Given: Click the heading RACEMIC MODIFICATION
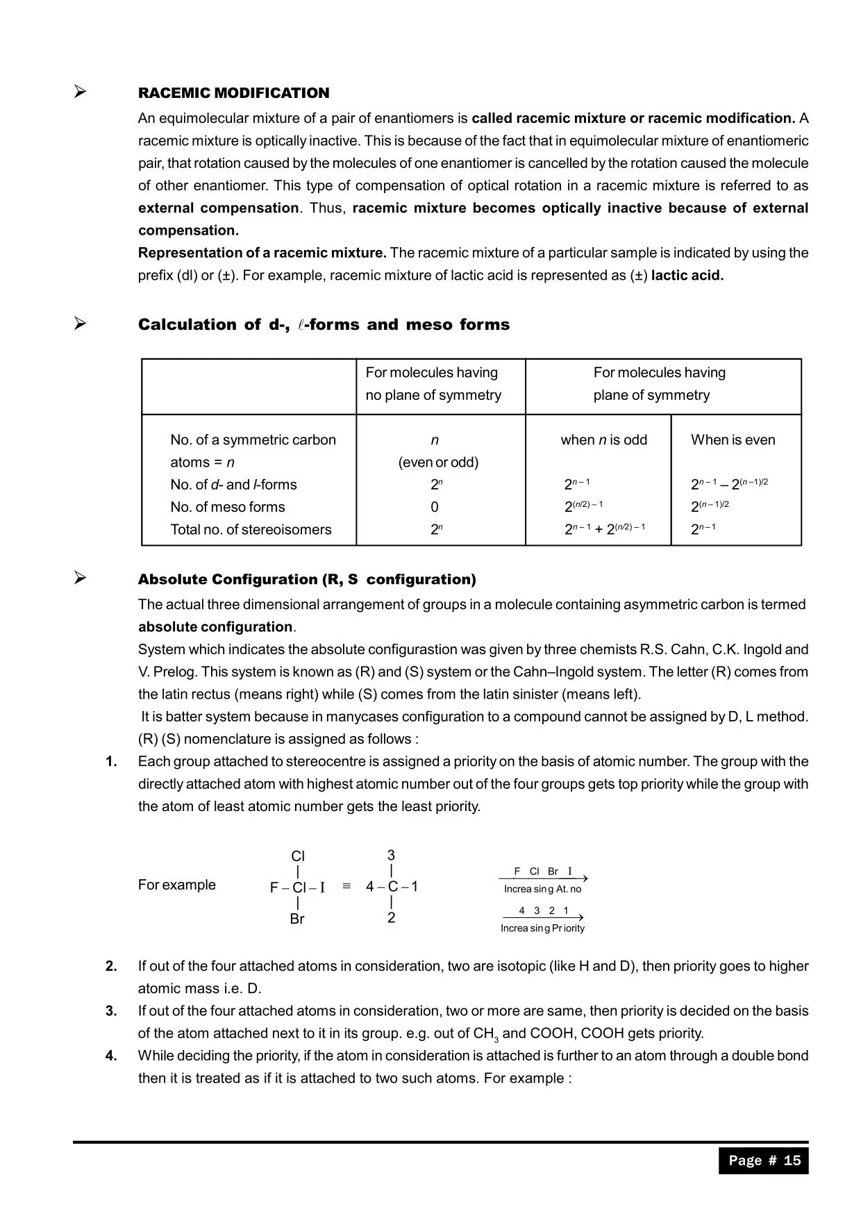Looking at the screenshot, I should tap(233, 93).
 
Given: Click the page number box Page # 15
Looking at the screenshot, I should tap(764, 1160).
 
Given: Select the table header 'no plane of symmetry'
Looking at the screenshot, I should tap(433, 395).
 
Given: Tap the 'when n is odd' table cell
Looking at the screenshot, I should tap(603, 440).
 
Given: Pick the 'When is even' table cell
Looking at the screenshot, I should tap(733, 440).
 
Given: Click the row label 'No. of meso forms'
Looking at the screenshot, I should tap(228, 507).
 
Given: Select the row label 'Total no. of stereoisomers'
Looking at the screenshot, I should tap(251, 529).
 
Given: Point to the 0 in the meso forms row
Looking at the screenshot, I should tap(435, 507).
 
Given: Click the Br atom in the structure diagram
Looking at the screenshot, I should tap(297, 919).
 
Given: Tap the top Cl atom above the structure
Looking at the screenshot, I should tap(298, 856).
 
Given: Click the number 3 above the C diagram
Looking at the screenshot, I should tap(391, 855).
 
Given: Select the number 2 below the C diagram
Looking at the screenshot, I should tap(391, 917).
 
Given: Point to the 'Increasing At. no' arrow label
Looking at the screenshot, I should tap(542, 889).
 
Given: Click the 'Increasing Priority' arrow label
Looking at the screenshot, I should tap(542, 928).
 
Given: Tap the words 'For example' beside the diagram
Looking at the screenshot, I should tap(177, 885).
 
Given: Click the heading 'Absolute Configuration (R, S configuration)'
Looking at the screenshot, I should tap(307, 579).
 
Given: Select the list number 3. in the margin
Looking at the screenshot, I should tap(111, 1011).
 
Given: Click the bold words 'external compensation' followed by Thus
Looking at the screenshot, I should tap(218, 208).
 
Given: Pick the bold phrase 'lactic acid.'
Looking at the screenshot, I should tap(687, 275).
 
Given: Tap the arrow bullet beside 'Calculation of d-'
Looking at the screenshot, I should tap(81, 324).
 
